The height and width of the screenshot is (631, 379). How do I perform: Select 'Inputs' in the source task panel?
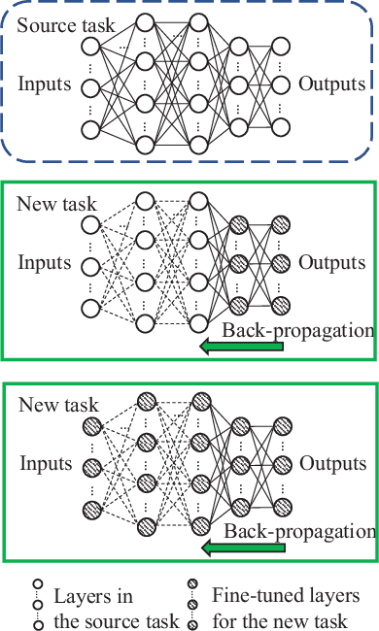[x=44, y=83]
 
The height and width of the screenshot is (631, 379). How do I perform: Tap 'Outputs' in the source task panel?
[x=331, y=83]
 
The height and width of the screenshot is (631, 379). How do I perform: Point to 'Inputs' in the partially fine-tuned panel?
[x=44, y=263]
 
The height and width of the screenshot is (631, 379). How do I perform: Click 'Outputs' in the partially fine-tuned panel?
[x=331, y=263]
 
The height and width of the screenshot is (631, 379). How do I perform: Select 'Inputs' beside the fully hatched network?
[x=44, y=465]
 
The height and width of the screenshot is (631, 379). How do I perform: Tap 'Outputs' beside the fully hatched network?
[x=331, y=465]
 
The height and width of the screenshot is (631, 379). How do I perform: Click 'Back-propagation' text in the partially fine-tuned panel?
[x=297, y=330]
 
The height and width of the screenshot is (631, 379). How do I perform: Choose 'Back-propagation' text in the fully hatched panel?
[x=297, y=531]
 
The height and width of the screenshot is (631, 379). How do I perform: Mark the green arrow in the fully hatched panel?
[x=240, y=549]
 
